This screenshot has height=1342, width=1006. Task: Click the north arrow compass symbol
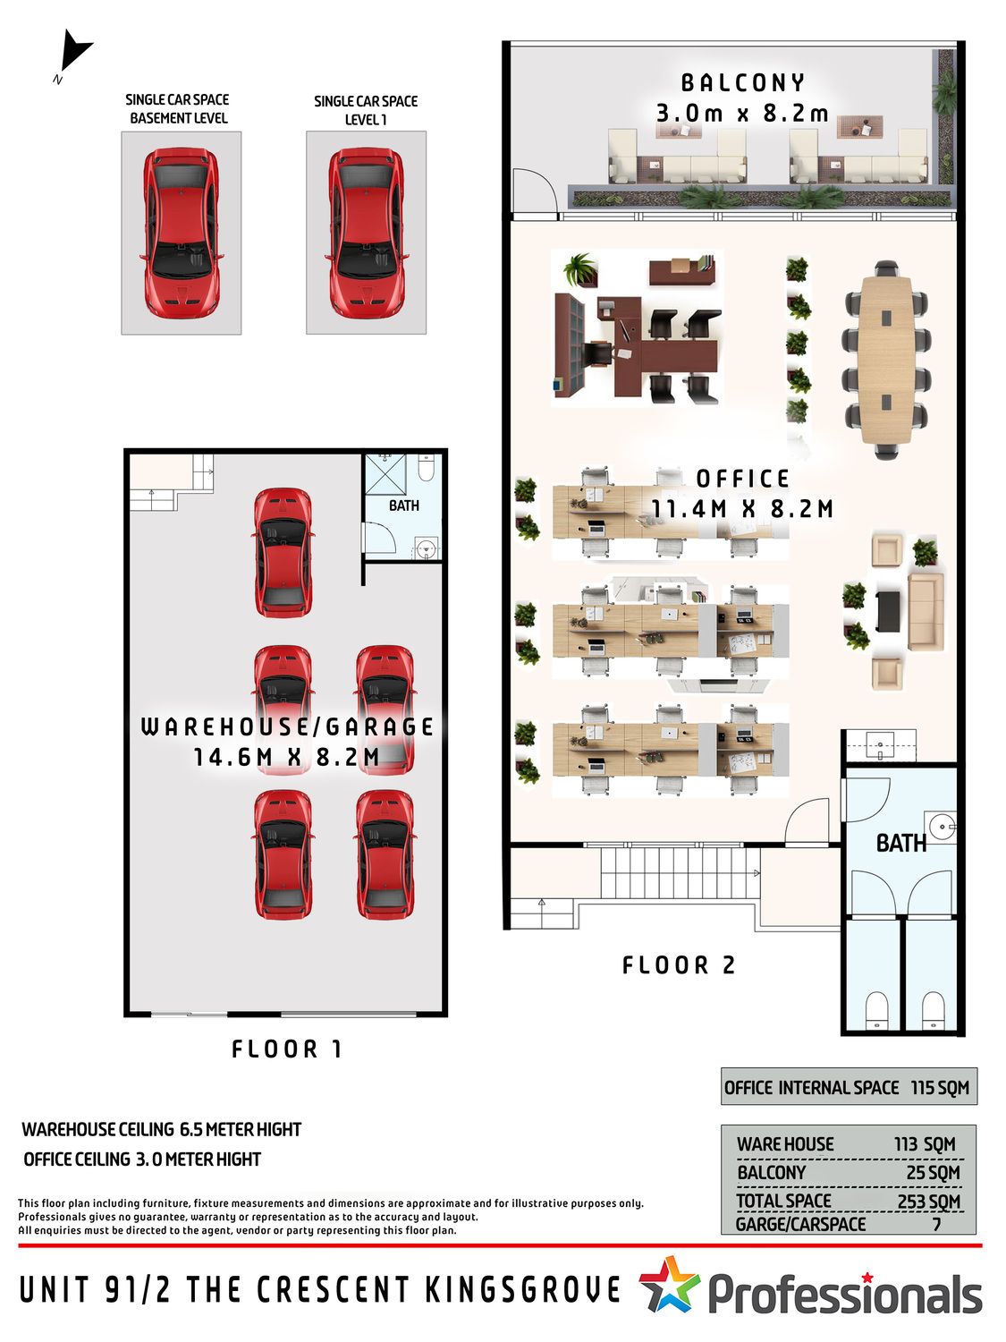click(x=74, y=53)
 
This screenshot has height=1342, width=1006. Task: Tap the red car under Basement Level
click(x=181, y=233)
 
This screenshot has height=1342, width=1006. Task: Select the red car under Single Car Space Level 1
click(x=366, y=233)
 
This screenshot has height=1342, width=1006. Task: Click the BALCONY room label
click(x=743, y=83)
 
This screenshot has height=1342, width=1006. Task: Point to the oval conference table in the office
click(x=886, y=360)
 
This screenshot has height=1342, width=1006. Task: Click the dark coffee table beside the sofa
click(x=887, y=611)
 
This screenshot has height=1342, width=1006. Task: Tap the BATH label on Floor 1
click(x=404, y=505)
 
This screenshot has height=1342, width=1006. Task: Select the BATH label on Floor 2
click(x=901, y=844)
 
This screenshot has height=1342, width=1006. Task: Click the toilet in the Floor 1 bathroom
click(x=427, y=468)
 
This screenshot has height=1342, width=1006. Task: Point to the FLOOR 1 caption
click(x=286, y=1049)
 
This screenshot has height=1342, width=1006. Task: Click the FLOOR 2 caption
click(x=678, y=964)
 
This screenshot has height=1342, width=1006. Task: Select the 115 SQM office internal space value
click(x=940, y=1088)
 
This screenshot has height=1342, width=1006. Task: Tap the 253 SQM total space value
click(x=928, y=1202)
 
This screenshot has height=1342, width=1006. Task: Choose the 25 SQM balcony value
click(x=934, y=1173)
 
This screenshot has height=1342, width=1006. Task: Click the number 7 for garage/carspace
click(x=936, y=1224)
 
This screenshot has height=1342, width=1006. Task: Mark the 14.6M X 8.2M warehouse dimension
click(x=286, y=758)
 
